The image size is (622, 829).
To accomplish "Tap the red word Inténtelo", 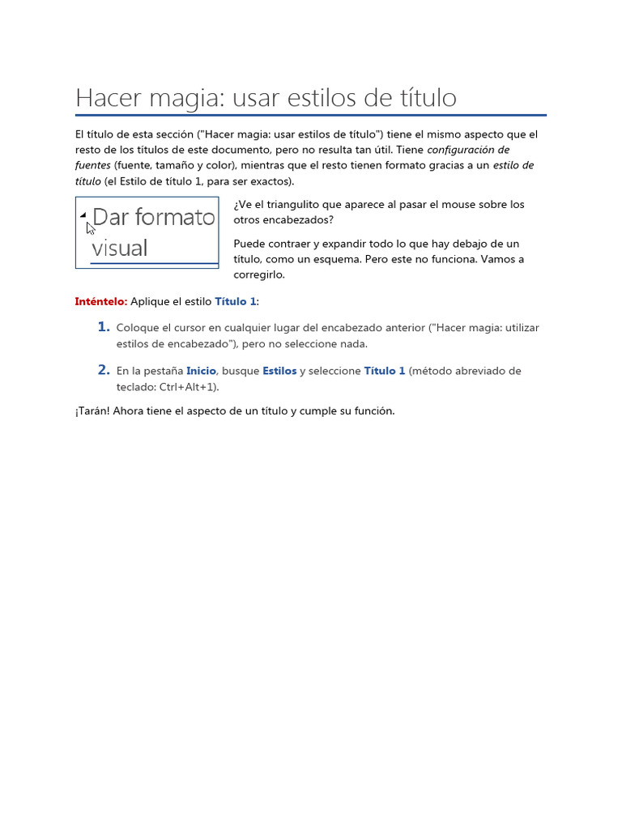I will (x=101, y=301).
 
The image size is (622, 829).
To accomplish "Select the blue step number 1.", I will (x=103, y=326).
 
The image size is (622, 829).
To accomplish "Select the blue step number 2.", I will (x=103, y=369).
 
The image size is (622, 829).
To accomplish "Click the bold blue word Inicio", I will (x=201, y=371).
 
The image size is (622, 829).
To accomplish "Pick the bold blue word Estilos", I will (x=279, y=371).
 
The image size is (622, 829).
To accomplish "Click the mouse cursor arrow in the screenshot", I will (x=91, y=228).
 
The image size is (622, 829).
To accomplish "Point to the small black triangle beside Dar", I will (x=83, y=216).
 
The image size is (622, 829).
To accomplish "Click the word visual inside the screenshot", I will (x=119, y=248).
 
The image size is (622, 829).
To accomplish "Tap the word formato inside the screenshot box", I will (x=176, y=217).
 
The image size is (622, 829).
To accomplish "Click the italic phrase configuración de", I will (x=468, y=150).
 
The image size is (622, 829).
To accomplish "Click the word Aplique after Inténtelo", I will (x=151, y=301).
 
